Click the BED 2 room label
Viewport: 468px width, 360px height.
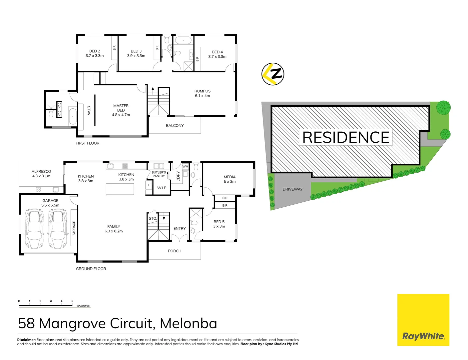click(95, 53)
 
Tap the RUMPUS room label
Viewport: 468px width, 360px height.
click(203, 93)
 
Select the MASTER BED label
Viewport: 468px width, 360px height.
click(121, 110)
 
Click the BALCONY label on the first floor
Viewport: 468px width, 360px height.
click(175, 126)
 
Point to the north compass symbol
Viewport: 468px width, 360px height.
click(273, 74)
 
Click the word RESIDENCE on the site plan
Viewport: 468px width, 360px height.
click(346, 137)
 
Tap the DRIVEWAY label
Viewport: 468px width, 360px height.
click(292, 189)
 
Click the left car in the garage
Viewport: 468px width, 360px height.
click(34, 229)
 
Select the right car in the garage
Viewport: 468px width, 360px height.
click(58, 229)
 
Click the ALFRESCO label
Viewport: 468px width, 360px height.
click(41, 174)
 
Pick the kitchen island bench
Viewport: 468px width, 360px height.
click(120, 189)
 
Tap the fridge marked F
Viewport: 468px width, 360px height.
click(149, 185)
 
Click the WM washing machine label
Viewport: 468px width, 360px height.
click(185, 166)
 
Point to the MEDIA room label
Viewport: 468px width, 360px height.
click(230, 179)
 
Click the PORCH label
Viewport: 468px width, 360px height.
click(175, 251)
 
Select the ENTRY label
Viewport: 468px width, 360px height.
click(180, 229)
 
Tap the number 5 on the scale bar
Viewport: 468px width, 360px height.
click(72, 301)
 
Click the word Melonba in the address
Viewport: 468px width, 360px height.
click(189, 324)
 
